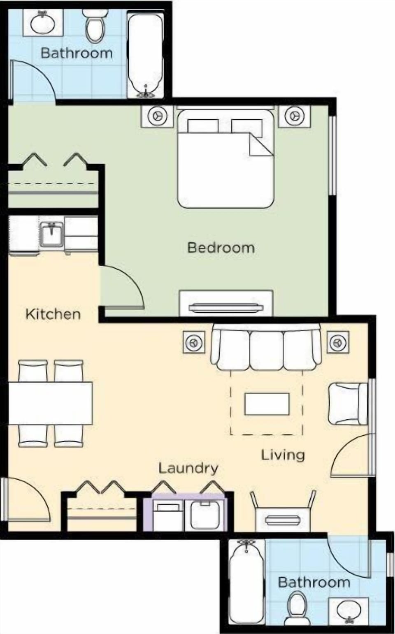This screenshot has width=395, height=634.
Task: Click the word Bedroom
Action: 221,248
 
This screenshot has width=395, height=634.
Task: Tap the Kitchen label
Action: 53,314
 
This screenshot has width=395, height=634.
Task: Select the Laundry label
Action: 188,468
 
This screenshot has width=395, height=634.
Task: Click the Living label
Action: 283,455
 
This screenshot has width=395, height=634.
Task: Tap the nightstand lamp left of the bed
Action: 157,116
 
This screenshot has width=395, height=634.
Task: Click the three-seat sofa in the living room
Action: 266,347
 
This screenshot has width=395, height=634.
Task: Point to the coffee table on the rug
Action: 267,404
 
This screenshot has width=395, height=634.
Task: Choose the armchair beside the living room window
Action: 346,404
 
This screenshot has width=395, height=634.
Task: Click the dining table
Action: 50,403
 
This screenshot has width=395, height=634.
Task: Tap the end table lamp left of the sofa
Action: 193,342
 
